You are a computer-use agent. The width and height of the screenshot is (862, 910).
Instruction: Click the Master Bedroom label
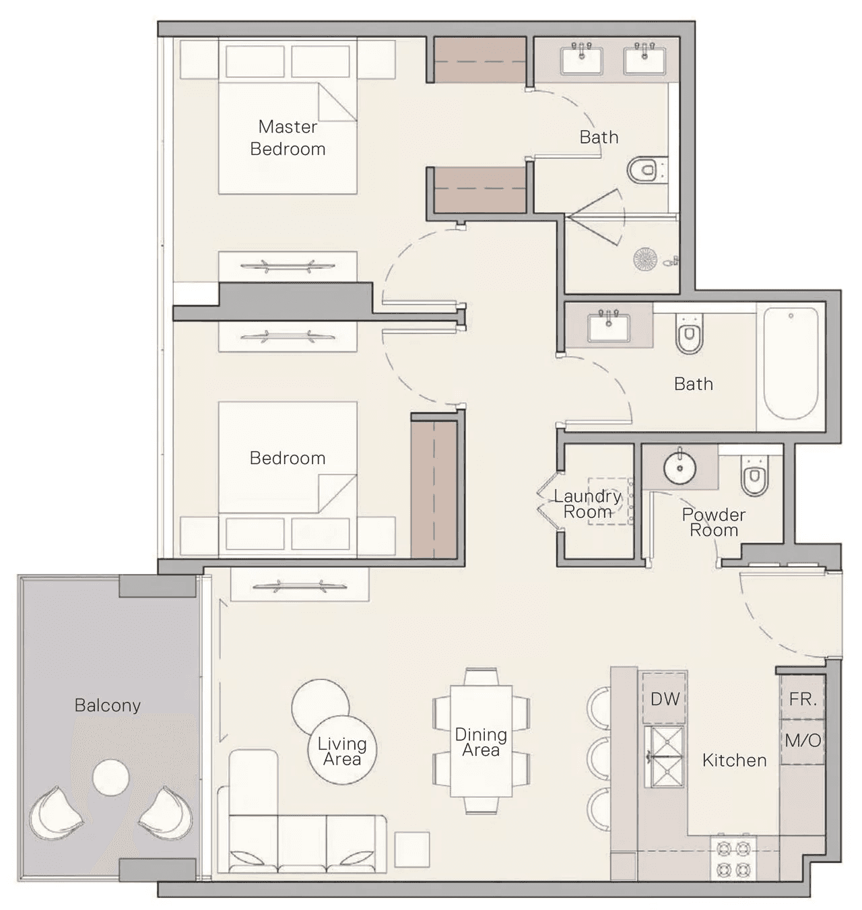point(288,137)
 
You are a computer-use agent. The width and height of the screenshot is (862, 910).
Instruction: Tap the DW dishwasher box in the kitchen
point(664,698)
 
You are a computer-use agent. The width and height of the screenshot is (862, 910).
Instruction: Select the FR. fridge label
point(803,699)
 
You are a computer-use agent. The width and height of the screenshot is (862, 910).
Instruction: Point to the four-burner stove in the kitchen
point(733,859)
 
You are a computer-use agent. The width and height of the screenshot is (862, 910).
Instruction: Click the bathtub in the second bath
point(791,363)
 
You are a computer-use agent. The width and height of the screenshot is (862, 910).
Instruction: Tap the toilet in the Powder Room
point(754,475)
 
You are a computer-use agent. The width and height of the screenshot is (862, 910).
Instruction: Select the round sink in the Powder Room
point(679,467)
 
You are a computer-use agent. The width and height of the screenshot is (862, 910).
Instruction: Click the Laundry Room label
point(587,504)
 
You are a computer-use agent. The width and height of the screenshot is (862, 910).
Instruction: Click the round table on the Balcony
point(110,777)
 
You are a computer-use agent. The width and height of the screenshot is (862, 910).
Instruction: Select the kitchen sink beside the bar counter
point(664,757)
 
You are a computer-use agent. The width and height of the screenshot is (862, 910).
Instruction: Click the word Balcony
point(107,705)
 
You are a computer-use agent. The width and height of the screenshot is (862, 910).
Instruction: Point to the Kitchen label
point(734,760)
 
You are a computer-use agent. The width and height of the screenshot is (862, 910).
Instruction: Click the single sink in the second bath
point(608,328)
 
